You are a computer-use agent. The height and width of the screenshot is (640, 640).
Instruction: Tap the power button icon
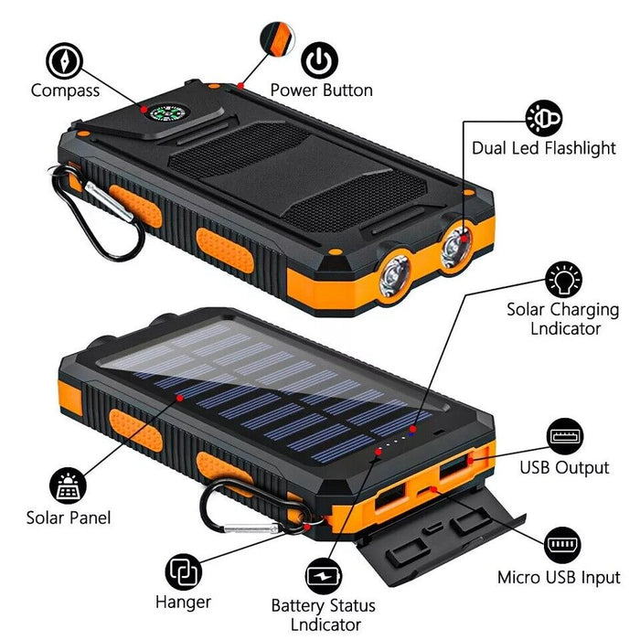319,60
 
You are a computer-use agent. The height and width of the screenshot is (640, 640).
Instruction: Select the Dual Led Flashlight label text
544,148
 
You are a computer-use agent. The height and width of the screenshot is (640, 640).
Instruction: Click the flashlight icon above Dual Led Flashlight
543,118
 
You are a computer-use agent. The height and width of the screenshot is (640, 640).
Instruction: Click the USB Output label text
564,468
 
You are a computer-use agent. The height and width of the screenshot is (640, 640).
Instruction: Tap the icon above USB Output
564,436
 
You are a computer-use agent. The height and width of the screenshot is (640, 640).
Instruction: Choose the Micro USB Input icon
563,546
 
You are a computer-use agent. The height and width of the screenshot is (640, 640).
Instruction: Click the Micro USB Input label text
559,578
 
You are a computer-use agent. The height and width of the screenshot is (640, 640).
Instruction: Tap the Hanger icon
183,573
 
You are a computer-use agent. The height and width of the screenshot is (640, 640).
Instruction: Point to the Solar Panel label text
69,518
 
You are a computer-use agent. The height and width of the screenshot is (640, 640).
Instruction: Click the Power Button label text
321,91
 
